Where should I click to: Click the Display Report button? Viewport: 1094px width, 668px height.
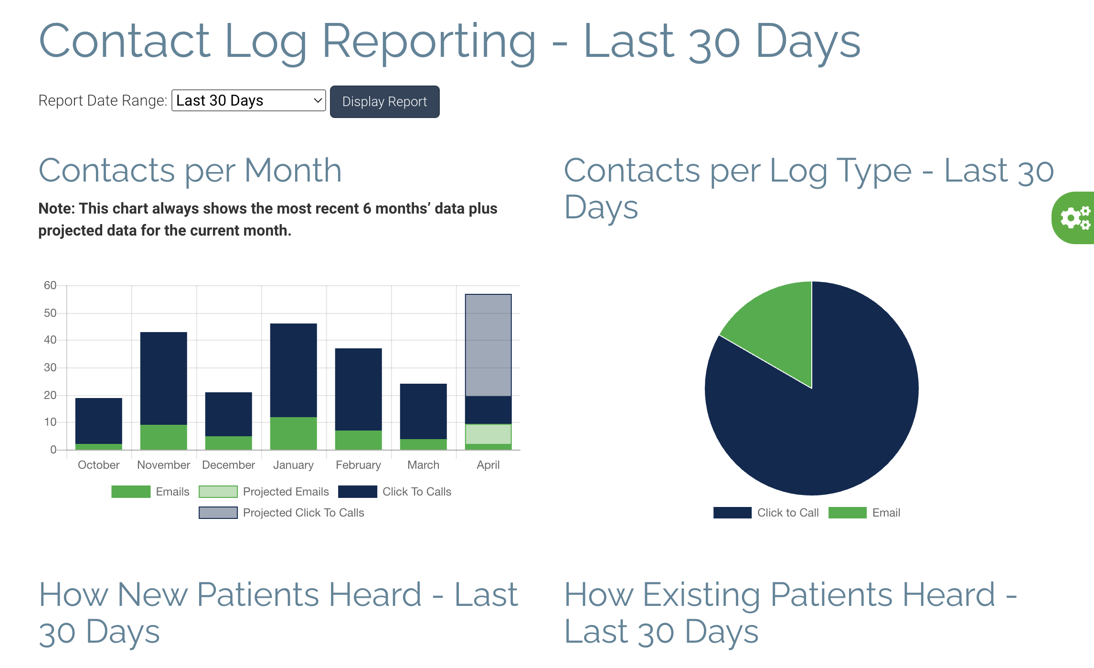click(x=384, y=102)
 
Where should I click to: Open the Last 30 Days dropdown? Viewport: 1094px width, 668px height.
click(x=248, y=101)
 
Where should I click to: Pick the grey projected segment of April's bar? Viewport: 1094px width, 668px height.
click(x=488, y=345)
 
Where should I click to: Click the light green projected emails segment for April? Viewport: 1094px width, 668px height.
click(x=488, y=434)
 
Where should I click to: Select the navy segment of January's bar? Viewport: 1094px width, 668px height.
click(x=293, y=370)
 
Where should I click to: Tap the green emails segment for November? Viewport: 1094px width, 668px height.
click(x=163, y=437)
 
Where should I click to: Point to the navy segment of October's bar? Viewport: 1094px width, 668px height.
click(x=98, y=420)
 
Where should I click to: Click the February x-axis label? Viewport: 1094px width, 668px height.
click(x=358, y=465)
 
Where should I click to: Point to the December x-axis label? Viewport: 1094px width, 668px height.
click(x=228, y=465)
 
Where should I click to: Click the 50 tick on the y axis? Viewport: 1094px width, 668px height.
click(x=50, y=313)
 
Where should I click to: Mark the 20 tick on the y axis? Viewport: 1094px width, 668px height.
click(x=50, y=395)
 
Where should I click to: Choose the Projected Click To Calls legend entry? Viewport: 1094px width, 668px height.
click(x=303, y=513)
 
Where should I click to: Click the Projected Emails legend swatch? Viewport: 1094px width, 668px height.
click(x=218, y=492)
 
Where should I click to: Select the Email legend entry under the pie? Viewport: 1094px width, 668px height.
click(x=886, y=513)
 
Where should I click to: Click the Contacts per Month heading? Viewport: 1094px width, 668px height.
click(x=190, y=171)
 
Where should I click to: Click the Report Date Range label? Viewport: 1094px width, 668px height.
click(x=102, y=101)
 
